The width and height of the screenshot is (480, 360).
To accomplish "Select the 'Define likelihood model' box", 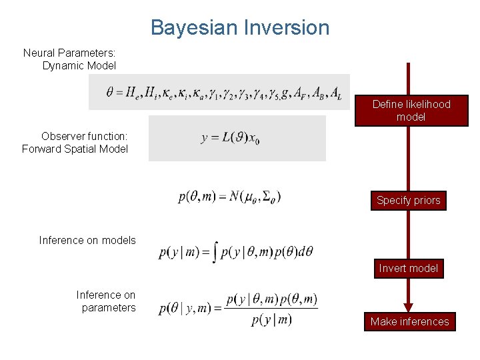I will (x=411, y=111).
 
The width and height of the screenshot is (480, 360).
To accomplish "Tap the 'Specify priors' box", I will (x=408, y=200).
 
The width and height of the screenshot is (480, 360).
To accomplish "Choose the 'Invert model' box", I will (x=408, y=268).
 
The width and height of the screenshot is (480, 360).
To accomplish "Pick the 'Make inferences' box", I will (x=409, y=321).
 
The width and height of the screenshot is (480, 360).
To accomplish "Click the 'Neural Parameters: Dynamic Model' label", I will (x=69, y=59).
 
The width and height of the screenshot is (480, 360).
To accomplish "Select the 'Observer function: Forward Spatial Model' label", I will (x=75, y=142).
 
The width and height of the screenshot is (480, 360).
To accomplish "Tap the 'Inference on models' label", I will (x=87, y=240).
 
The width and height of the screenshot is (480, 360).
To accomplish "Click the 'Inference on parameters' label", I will (x=106, y=301).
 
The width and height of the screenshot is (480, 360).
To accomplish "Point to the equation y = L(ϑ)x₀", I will (x=231, y=139).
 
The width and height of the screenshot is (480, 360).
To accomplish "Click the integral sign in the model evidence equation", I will (x=215, y=252).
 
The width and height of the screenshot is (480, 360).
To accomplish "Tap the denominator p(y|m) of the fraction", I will (x=271, y=320).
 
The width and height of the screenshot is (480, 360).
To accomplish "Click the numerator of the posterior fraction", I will (x=271, y=299).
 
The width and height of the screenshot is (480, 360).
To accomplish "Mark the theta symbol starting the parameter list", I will (x=110, y=92).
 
